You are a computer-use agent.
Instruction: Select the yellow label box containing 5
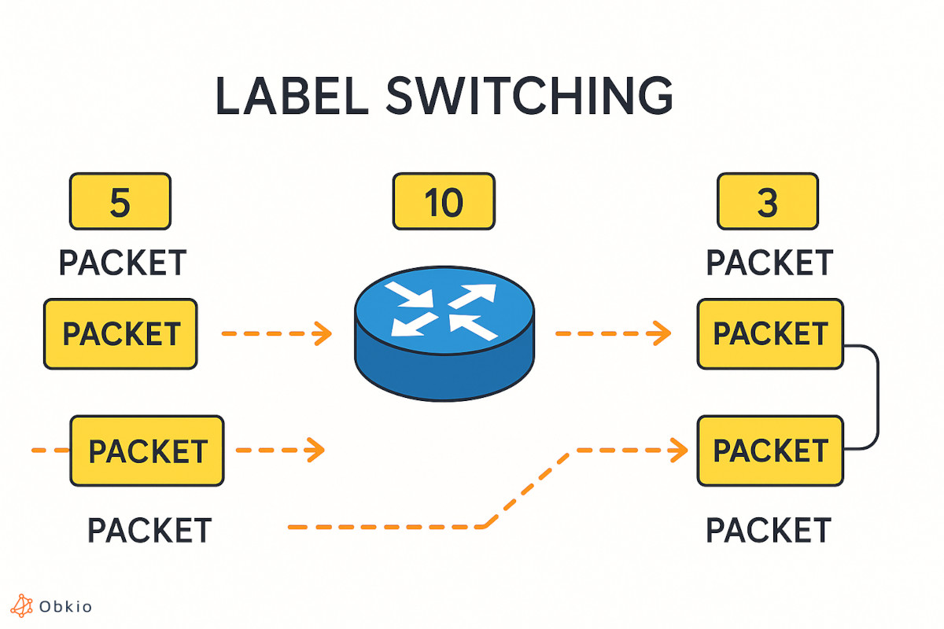pos(120,202)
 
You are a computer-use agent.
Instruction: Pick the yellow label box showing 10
pos(444,202)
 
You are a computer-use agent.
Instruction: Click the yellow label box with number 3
pos(767,202)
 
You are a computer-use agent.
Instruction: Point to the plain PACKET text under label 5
pos(123,263)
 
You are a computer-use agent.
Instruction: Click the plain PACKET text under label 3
pos(769,263)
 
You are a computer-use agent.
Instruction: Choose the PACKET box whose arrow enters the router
pos(120,334)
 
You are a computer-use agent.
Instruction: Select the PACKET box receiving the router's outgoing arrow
pos(770,334)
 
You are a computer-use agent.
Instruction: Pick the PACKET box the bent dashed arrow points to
pos(770,451)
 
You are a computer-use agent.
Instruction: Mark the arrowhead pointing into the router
pos(322,334)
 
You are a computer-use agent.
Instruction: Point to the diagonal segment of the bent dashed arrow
pos(528,489)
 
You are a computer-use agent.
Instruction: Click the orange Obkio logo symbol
pos(22,606)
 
